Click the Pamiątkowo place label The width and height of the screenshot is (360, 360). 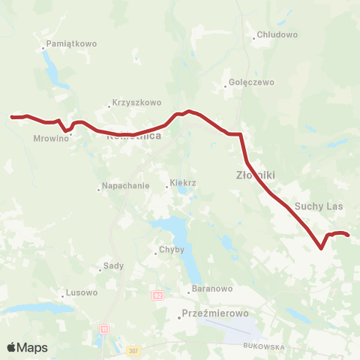click(x=72, y=44)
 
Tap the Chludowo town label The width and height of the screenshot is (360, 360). click(x=277, y=34)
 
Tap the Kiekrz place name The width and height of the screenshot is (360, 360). click(x=183, y=184)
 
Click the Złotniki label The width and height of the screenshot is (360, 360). click(x=250, y=175)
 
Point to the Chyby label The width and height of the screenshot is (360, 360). click(x=166, y=250)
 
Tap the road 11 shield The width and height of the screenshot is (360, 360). click(x=103, y=328)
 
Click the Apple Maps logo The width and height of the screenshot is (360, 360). click(x=27, y=348)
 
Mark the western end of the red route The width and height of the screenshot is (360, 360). click(x=11, y=117)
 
